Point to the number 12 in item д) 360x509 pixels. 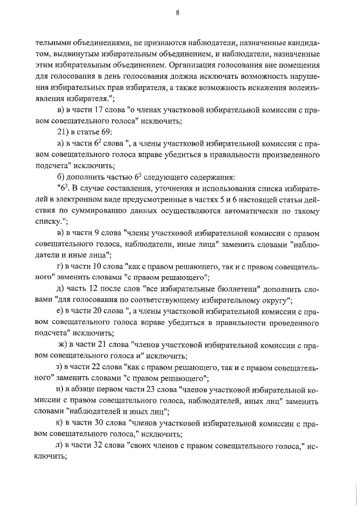94,289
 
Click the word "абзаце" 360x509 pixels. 85,390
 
